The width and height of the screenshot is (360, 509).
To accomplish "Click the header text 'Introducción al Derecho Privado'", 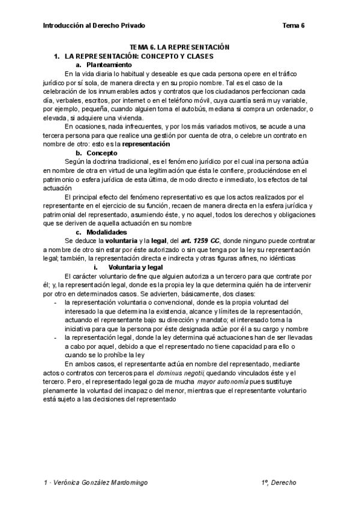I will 94,25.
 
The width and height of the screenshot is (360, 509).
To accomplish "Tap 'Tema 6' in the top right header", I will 293,25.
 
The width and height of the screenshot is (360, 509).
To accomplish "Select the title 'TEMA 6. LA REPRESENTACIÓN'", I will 181,46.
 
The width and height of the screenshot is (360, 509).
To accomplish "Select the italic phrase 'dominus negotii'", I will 186,373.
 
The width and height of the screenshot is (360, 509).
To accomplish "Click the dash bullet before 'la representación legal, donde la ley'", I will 56,338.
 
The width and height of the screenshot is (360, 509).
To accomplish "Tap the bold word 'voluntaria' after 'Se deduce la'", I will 122,241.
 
